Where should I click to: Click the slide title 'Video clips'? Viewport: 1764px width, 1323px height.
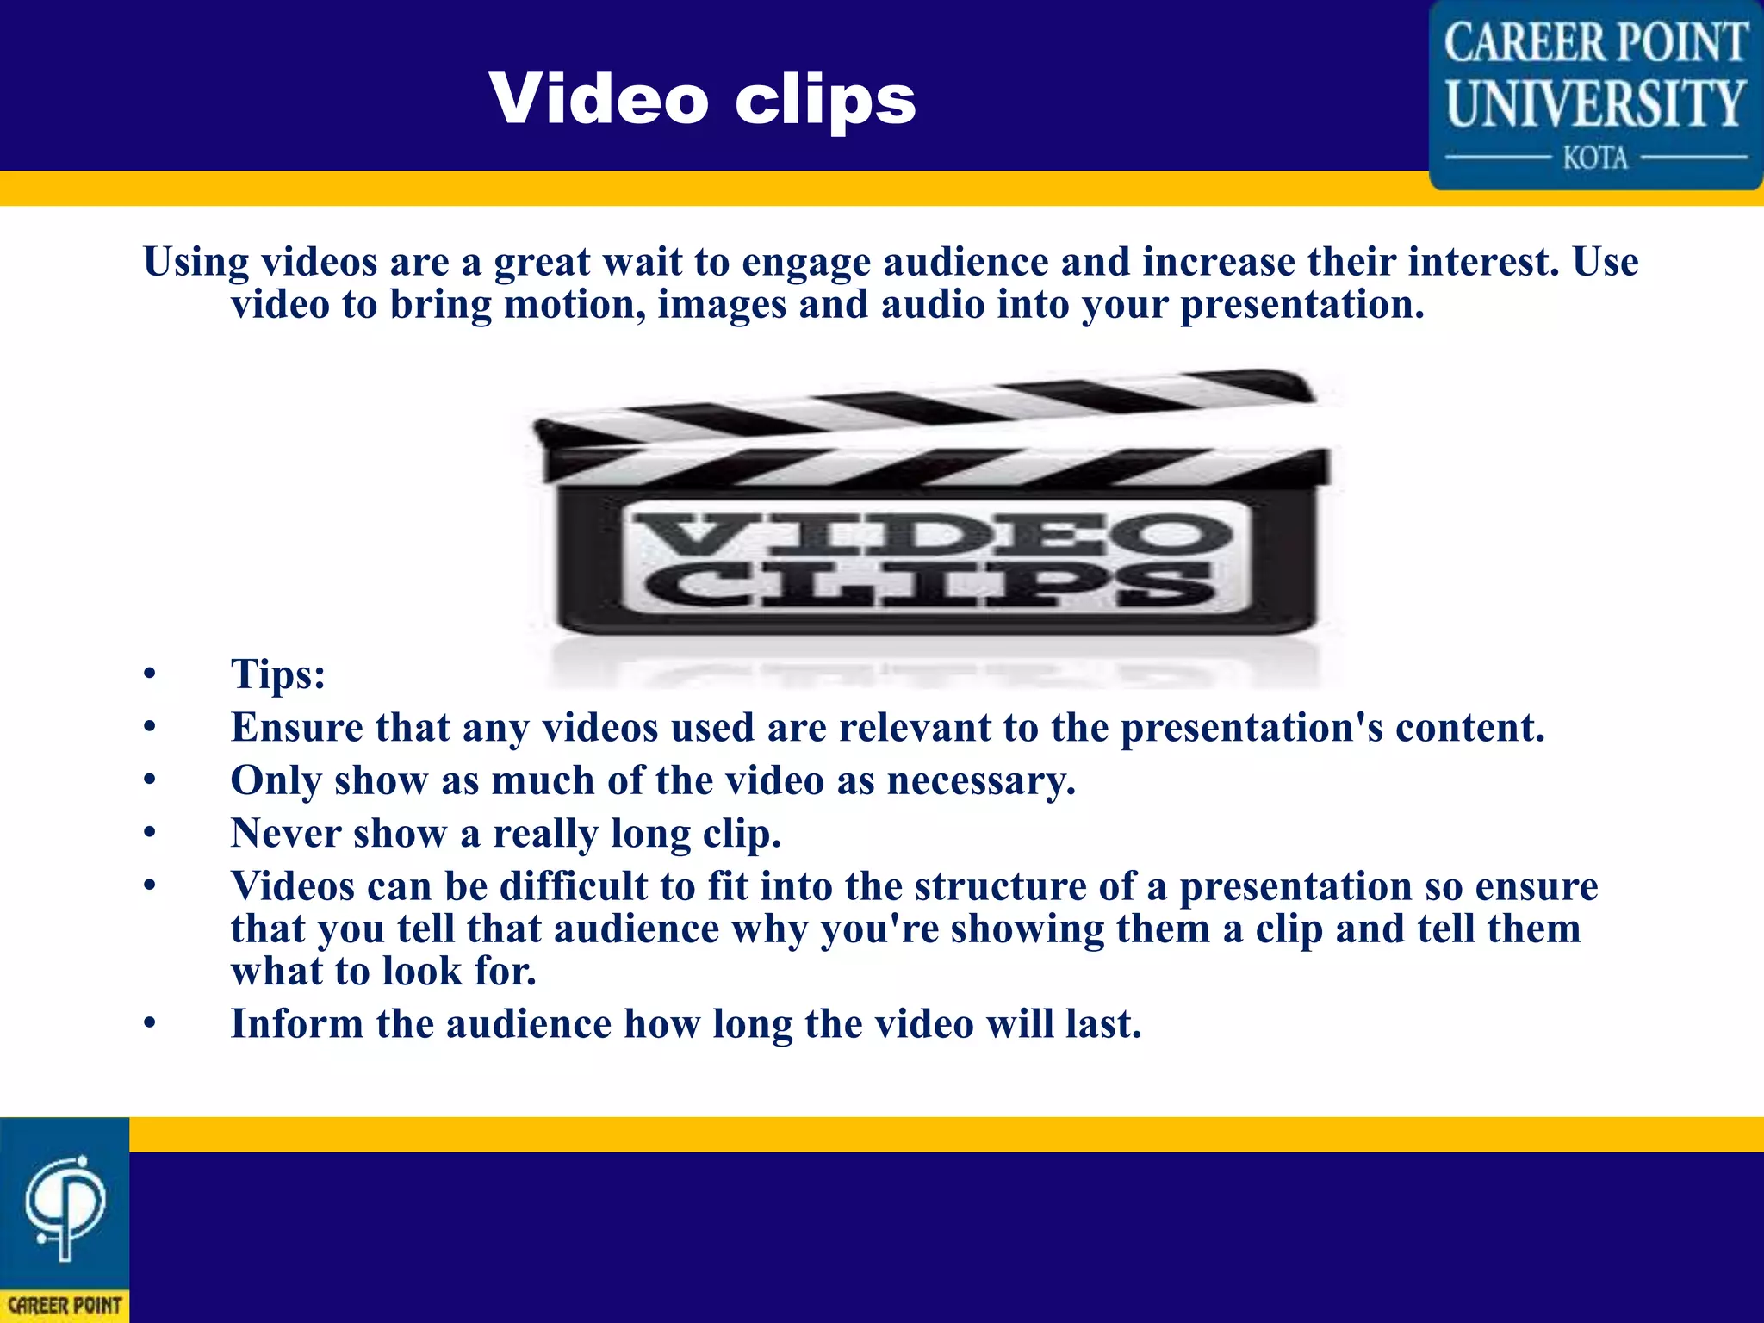702,99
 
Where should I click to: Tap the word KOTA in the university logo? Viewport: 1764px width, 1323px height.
1595,158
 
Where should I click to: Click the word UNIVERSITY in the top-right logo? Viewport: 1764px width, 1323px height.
1595,103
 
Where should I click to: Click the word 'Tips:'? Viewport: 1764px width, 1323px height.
277,674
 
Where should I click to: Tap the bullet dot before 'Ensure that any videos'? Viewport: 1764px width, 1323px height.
150,728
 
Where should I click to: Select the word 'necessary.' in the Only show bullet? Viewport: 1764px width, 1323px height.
981,781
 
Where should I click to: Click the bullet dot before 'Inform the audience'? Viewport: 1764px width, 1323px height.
150,1025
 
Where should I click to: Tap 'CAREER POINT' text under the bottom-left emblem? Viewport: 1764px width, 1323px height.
65,1306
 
